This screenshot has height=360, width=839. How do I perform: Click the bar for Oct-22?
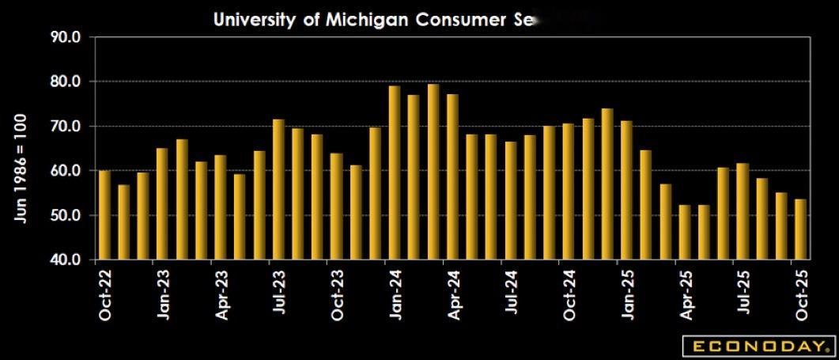pyautogui.click(x=104, y=214)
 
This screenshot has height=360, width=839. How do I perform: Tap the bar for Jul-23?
pyautogui.click(x=278, y=189)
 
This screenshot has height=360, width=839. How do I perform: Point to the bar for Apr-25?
pyautogui.click(x=684, y=232)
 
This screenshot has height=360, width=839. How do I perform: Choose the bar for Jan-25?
pyautogui.click(x=626, y=190)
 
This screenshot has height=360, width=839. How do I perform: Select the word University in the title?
pyautogui.click(x=253, y=20)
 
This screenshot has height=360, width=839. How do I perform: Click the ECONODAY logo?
pyautogui.click(x=758, y=347)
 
